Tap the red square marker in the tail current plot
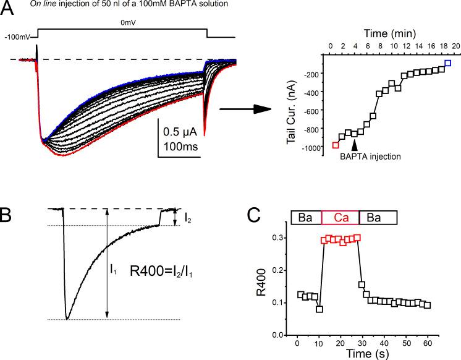click(336, 145)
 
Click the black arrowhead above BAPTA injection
click(355, 144)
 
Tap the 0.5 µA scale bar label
click(180, 132)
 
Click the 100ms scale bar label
click(180, 147)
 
